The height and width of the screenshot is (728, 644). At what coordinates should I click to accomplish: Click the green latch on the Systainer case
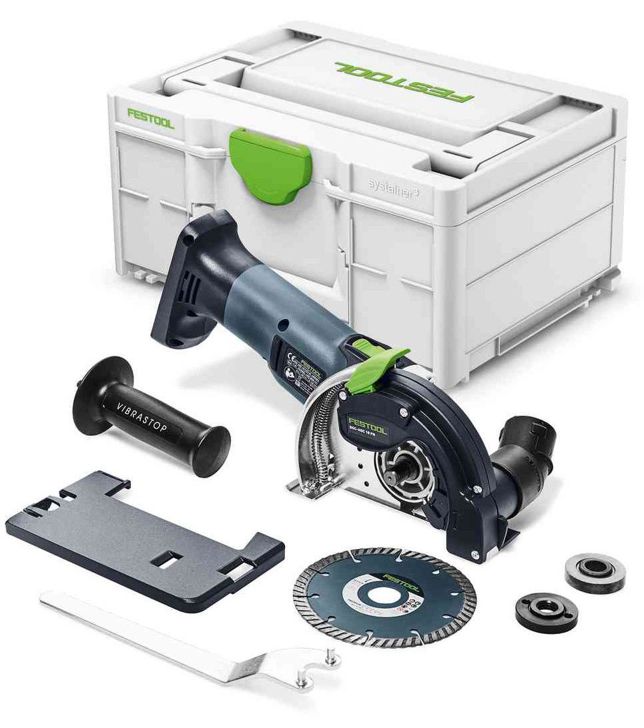point(270,163)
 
